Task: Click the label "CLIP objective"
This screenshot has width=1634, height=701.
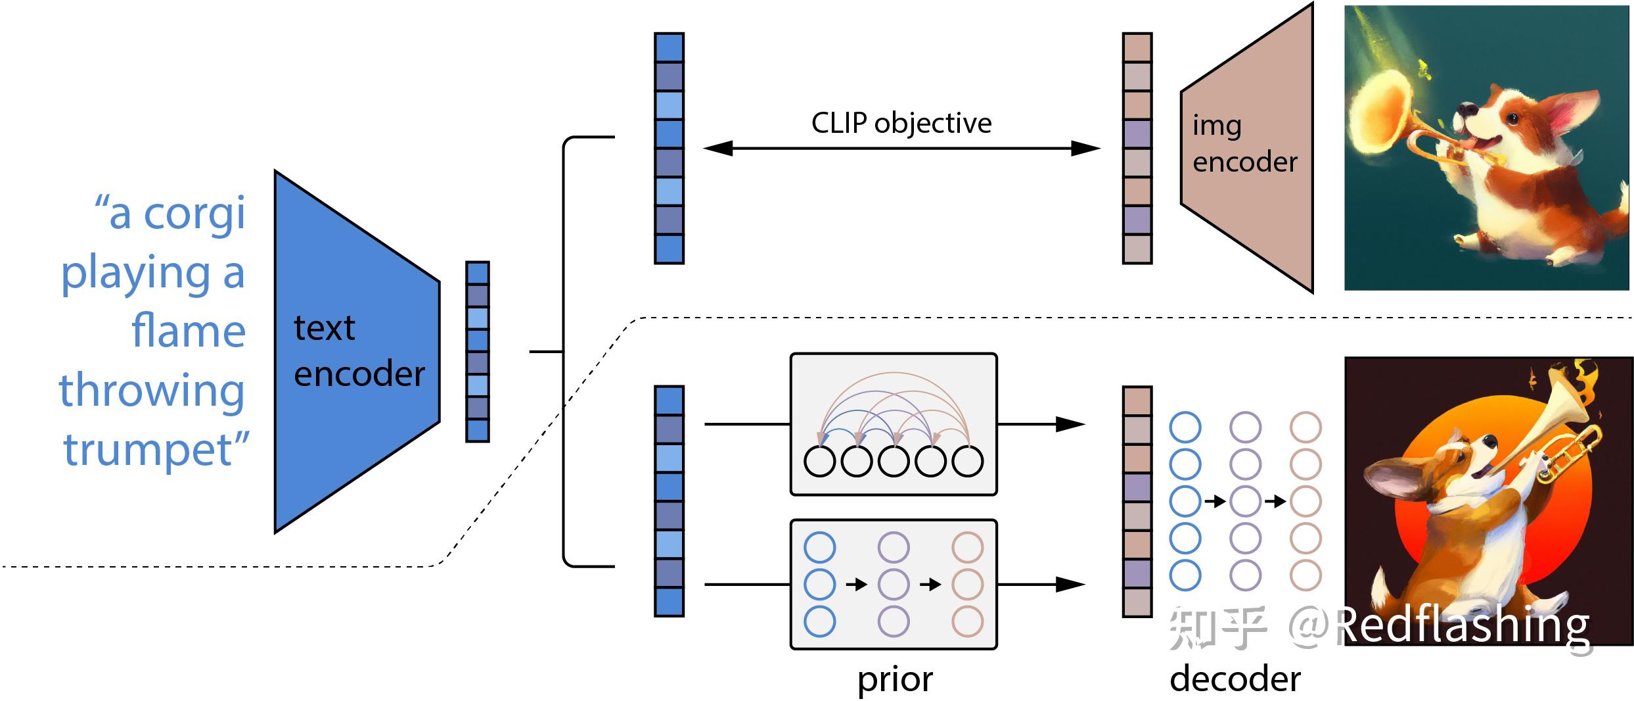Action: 901,123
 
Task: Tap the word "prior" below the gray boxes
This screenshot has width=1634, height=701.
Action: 895,680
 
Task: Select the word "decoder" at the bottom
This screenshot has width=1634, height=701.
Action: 1235,679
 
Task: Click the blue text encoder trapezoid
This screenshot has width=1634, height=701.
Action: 357,352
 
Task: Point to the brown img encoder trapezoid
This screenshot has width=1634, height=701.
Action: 1246,147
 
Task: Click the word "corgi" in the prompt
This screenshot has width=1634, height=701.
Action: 194,215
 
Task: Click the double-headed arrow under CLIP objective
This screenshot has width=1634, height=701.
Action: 901,149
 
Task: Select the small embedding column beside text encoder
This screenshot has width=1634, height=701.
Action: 478,352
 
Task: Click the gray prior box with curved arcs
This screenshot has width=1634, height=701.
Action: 894,424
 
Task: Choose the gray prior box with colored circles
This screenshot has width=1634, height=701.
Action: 894,584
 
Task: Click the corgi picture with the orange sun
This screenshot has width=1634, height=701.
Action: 1488,501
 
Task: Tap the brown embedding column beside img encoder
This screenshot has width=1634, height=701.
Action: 1137,149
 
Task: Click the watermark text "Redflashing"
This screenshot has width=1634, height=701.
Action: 1463,625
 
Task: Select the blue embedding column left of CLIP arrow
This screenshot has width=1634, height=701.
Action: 669,149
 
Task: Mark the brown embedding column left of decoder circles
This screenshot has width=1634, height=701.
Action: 1137,502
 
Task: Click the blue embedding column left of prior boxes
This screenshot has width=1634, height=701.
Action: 669,501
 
